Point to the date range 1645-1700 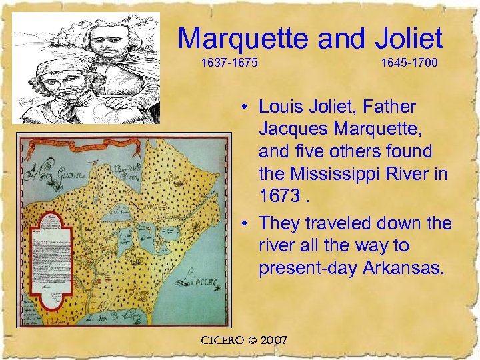click(409, 65)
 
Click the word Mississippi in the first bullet click(347, 175)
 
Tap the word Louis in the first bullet click(284, 106)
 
